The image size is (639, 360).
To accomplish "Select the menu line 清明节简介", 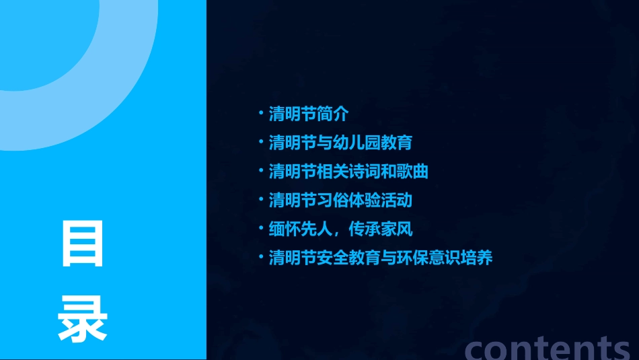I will click(309, 114).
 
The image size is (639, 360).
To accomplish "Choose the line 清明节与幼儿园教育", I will click(340, 143).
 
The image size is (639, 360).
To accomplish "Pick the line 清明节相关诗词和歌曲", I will click(348, 172).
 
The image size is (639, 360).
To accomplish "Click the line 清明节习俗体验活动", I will click(340, 201).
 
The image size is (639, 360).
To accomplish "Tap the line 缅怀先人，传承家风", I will click(340, 229).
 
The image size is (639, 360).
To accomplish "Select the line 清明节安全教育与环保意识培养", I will click(381, 258).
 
